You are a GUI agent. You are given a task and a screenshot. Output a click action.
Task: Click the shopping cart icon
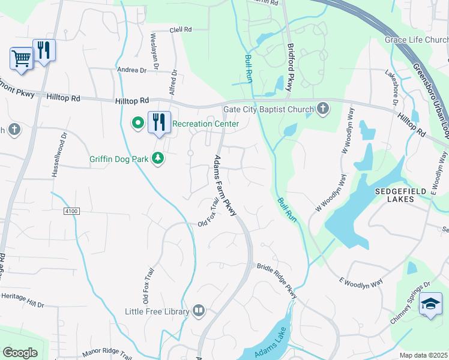coord(21,59)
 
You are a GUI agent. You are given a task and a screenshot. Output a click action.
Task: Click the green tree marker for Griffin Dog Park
coord(158,158)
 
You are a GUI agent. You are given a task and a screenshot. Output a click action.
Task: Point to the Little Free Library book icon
coord(199,311)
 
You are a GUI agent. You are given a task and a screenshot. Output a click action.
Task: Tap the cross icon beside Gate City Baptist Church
coord(323,109)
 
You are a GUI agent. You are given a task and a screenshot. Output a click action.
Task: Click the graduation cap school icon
coord(430,303)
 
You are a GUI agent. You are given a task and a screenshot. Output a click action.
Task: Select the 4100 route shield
coord(70,211)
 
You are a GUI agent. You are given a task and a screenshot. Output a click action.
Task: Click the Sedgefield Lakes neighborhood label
coord(401,194)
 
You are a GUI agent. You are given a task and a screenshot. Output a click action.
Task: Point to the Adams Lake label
coord(269,345)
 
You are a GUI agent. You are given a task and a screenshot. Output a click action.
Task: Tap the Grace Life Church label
coord(417,40)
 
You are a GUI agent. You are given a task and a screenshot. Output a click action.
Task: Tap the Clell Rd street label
coord(180,29)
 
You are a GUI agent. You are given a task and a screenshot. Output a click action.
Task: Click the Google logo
coord(20,353)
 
